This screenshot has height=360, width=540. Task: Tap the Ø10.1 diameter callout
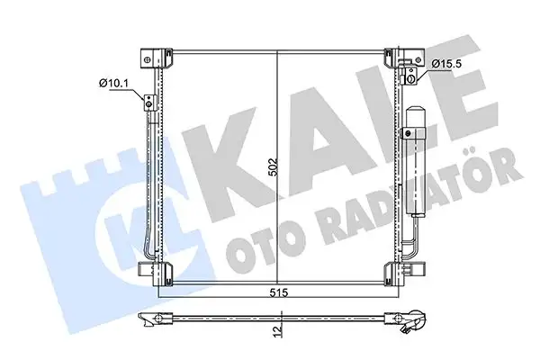tap(115, 83)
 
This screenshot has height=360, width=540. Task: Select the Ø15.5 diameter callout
tap(446, 63)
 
